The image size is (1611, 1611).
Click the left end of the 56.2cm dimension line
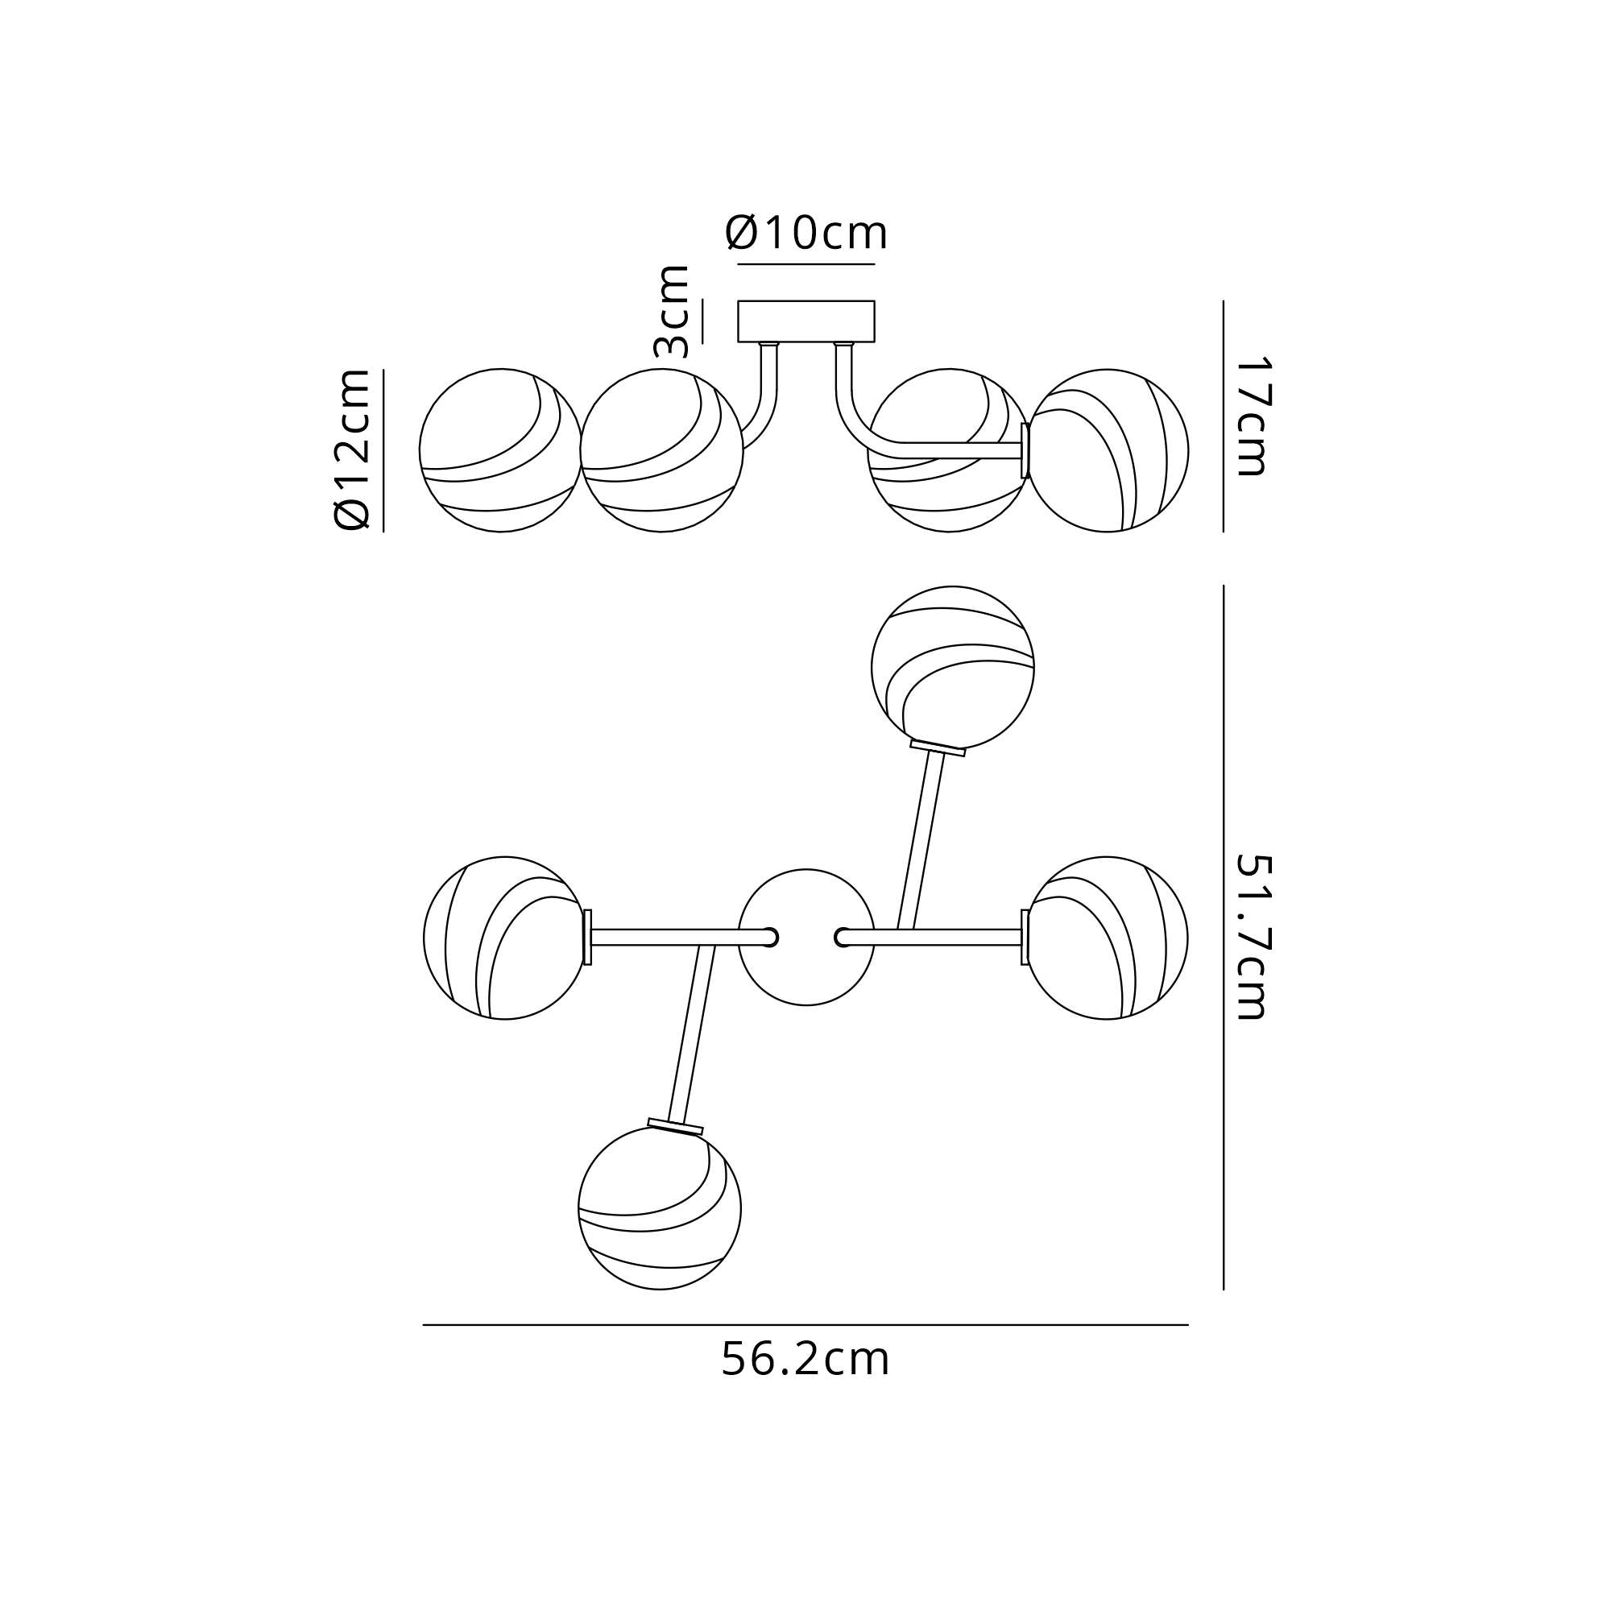tap(424, 1325)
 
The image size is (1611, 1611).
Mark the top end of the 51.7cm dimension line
tap(1224, 586)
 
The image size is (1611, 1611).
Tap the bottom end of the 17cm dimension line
tap(1224, 532)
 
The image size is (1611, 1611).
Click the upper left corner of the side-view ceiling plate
tap(738, 301)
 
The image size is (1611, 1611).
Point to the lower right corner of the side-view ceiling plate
tap(875, 342)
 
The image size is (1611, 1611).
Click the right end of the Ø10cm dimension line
tap(875, 264)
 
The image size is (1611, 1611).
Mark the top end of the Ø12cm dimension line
tap(383, 370)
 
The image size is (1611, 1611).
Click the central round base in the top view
tap(806, 938)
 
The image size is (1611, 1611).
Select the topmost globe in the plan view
tap(953, 667)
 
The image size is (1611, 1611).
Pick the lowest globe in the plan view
tap(660, 1208)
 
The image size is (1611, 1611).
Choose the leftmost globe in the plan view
tap(505, 938)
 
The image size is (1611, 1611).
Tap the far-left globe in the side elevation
tap(500, 450)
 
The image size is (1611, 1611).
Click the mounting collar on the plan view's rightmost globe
tap(1025, 938)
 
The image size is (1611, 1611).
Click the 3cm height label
tap(672, 311)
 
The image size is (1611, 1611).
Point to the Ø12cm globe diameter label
tap(351, 449)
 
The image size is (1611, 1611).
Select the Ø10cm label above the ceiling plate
tap(806, 233)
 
